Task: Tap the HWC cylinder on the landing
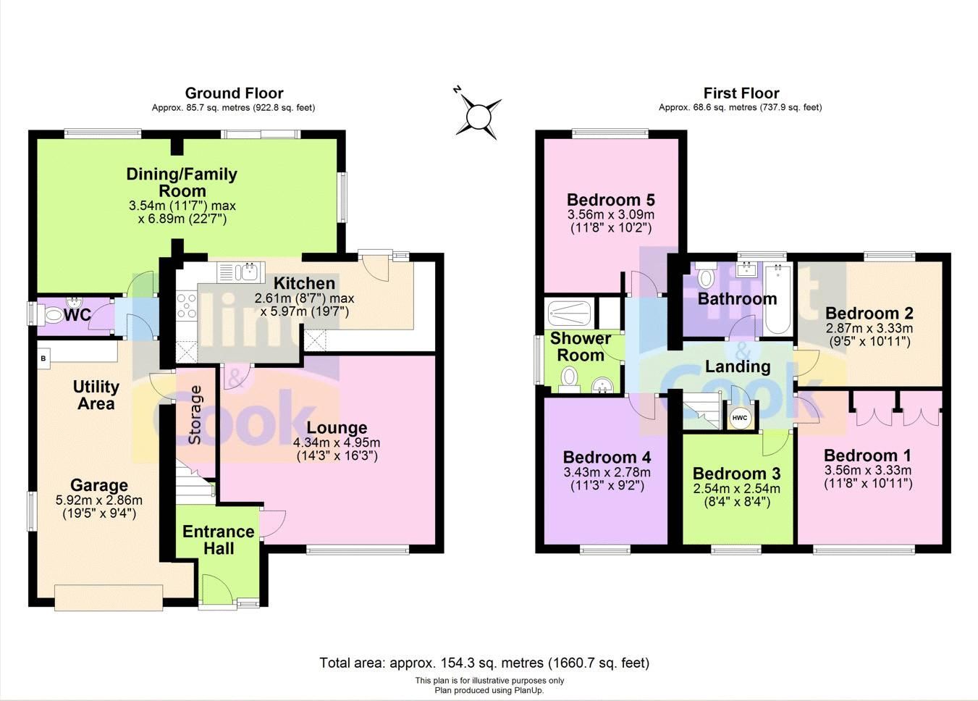point(739,418)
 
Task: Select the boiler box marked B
point(43,358)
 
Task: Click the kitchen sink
point(248,272)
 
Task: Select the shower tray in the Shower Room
point(570,314)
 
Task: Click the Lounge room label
point(337,427)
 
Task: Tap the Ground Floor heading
point(234,93)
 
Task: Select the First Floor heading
point(741,93)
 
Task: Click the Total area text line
point(484,663)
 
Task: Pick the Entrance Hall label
point(218,540)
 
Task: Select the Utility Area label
point(96,395)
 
